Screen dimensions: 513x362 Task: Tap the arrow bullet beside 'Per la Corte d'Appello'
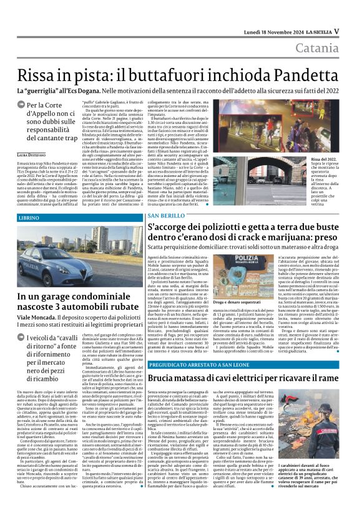pyautogui.click(x=22, y=106)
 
